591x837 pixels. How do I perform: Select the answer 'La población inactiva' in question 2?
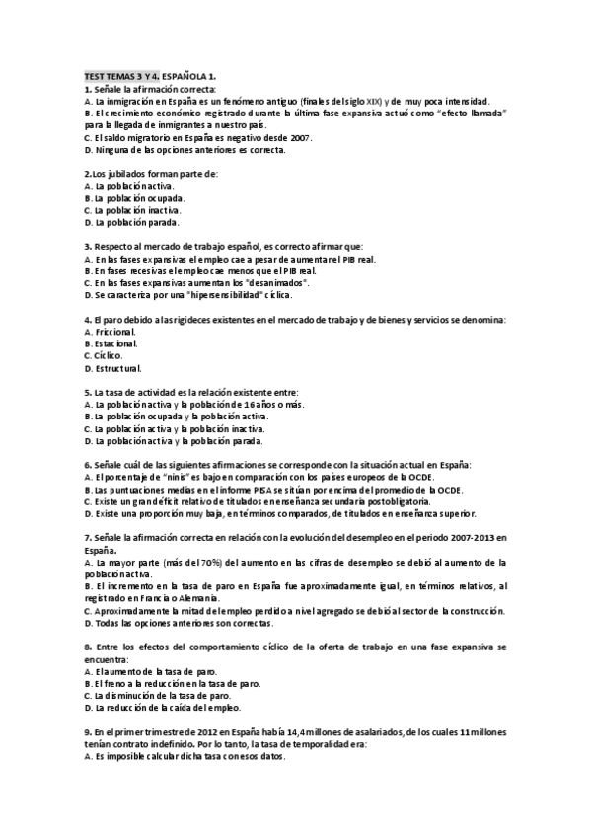tap(136, 210)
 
